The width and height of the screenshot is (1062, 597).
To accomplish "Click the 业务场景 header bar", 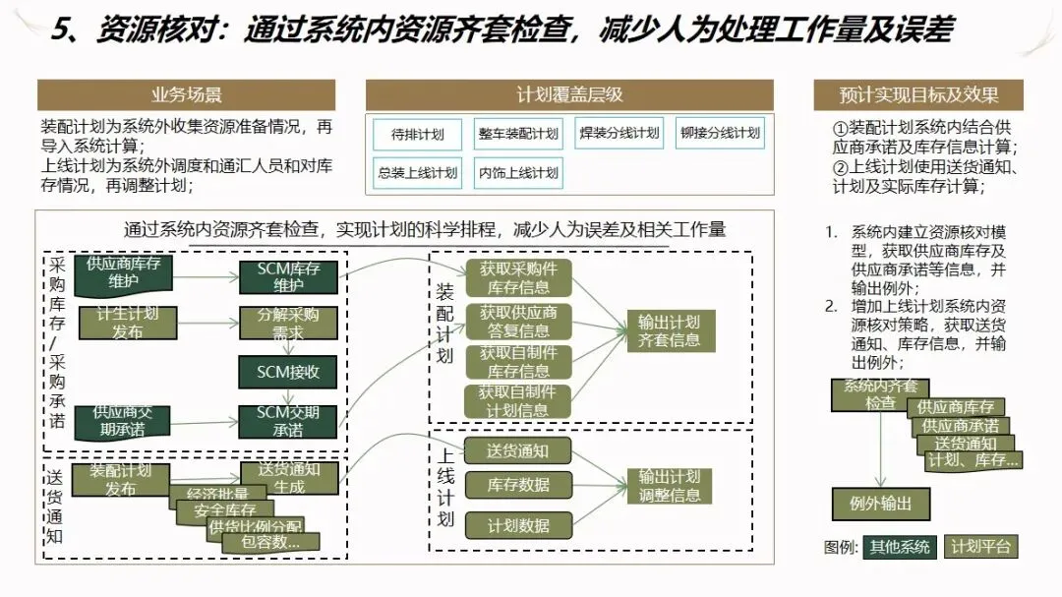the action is click(186, 95).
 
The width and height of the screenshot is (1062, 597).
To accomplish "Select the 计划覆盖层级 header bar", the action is click(569, 95).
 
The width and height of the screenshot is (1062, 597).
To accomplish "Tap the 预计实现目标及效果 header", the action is click(918, 95).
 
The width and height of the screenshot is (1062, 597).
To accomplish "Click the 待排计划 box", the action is click(418, 134).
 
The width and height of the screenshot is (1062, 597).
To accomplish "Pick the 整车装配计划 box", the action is click(518, 134).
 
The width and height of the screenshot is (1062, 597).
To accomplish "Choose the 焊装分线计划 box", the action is click(619, 134).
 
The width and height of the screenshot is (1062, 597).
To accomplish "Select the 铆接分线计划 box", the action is click(720, 134).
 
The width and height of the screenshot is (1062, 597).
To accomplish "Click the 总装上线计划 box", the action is click(418, 173).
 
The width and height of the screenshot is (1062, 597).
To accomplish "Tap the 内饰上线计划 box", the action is click(518, 173).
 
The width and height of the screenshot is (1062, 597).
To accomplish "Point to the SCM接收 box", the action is click(288, 373).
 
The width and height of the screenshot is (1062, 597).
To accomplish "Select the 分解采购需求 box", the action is click(288, 325).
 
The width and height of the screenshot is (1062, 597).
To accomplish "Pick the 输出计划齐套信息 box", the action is click(670, 331).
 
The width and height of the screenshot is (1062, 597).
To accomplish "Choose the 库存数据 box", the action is click(518, 485).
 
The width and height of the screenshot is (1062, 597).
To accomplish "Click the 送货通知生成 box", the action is click(288, 478).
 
